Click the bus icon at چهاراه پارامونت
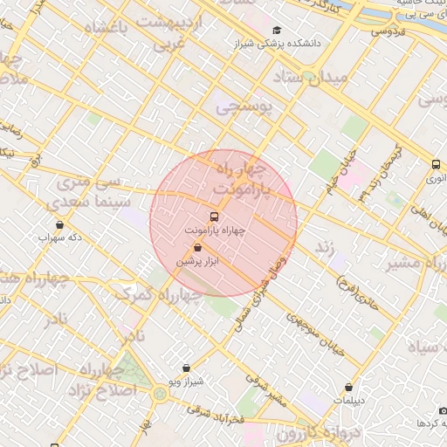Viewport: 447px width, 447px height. (x=214, y=216)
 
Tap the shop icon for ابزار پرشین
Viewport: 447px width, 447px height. (x=197, y=248)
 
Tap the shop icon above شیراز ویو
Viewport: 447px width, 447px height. (x=186, y=369)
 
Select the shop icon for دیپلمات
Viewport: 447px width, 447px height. (x=349, y=387)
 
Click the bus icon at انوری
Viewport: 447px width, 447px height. (x=436, y=164)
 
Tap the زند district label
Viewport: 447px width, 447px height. (x=326, y=248)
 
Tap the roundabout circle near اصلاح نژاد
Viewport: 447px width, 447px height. (x=160, y=395)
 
